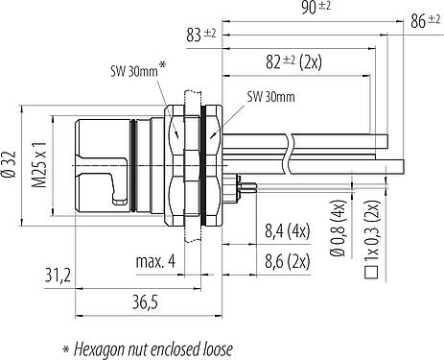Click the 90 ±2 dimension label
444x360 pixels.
pos(315,8)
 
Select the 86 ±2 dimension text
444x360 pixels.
pos(425,21)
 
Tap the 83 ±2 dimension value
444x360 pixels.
pos(201,35)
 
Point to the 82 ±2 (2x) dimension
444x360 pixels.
pos(293,61)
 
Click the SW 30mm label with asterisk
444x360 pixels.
pos(138,69)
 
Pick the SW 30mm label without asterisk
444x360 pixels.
pos(270,97)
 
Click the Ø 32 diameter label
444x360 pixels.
pos(10,164)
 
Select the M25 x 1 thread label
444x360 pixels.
pos(39,164)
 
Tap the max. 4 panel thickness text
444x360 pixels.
pos(155,261)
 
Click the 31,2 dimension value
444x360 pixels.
pos(58,276)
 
